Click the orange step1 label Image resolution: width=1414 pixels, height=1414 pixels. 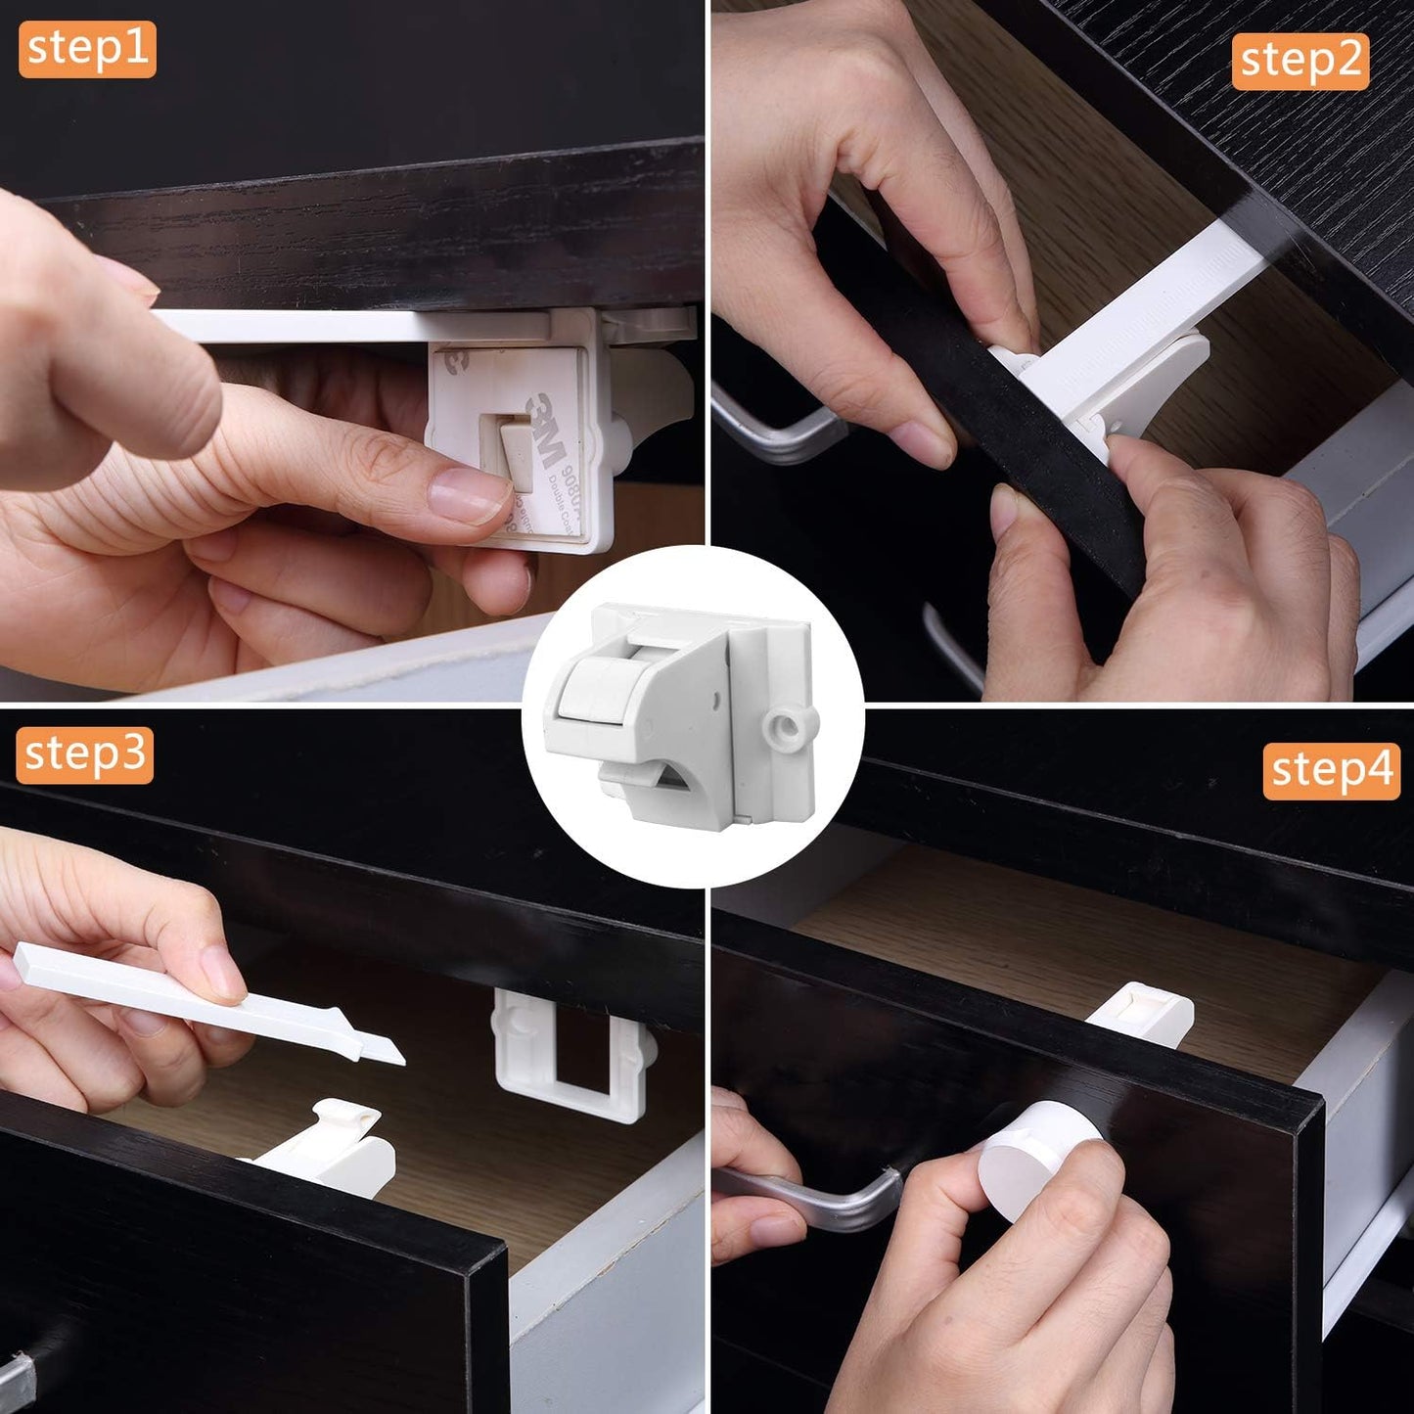tap(87, 49)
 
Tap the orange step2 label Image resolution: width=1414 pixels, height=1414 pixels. tap(1300, 62)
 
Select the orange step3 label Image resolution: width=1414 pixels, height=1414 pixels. tap(85, 754)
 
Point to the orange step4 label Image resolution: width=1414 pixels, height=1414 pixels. tap(1331, 771)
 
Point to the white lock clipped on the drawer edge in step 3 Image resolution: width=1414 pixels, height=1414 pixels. tap(338, 1145)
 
